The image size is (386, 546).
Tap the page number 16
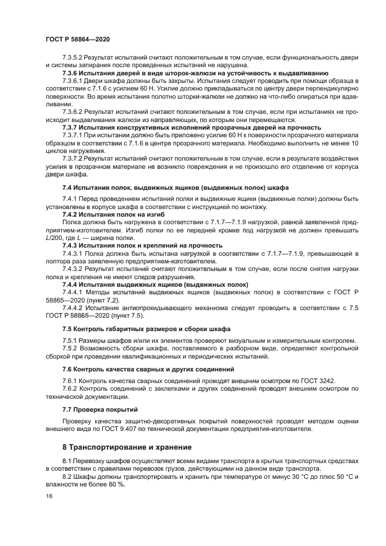tap(48, 495)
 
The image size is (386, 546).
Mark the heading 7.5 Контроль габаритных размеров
tap(146, 328)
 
